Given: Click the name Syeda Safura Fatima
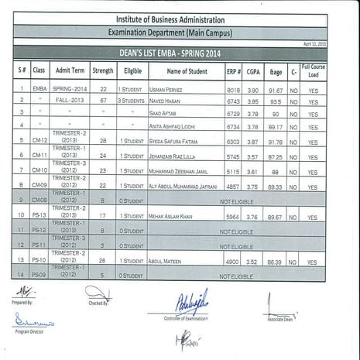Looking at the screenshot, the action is [177, 142].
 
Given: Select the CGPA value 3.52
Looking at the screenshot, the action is [252, 262].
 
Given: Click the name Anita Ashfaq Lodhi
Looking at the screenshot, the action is [175, 125].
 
